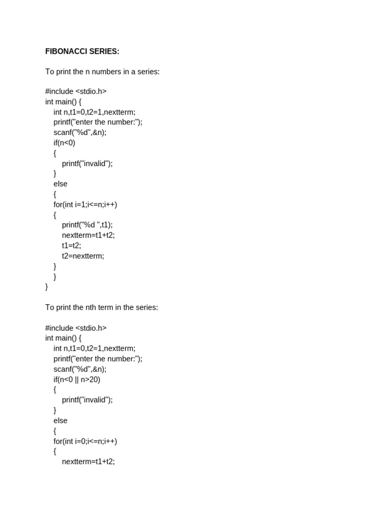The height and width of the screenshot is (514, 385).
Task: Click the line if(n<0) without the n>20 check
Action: point(64,143)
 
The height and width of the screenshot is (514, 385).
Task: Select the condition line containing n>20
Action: point(77,379)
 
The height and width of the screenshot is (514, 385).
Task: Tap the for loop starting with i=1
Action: point(85,204)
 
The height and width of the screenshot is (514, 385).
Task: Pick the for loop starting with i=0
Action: point(85,441)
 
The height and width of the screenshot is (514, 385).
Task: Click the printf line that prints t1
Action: point(87,225)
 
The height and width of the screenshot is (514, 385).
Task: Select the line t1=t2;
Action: point(71,245)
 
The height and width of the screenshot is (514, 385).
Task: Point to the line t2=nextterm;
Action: point(83,256)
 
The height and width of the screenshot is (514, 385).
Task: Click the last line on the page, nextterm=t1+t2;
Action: point(88,461)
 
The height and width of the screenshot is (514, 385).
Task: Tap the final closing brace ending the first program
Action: point(47,287)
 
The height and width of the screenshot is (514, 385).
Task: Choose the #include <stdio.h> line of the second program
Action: point(76,328)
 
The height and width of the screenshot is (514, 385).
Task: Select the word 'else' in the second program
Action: point(60,421)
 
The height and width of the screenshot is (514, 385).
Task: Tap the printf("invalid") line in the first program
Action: point(87,163)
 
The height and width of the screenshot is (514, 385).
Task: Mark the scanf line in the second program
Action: point(80,369)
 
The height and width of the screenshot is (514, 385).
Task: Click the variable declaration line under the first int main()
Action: point(94,112)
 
